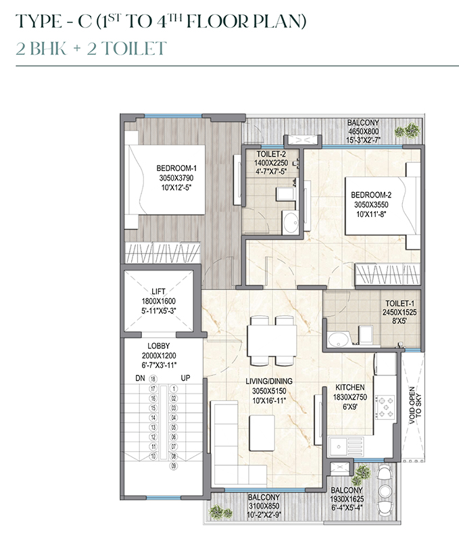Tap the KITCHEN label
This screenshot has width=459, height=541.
350,387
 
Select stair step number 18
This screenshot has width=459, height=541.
153,379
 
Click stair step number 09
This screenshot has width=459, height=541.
174,466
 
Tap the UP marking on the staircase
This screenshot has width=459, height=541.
185,379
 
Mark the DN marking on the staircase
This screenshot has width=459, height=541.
139,379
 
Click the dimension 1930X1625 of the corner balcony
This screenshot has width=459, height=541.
347,500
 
